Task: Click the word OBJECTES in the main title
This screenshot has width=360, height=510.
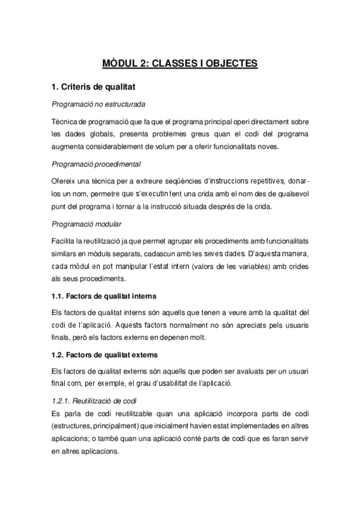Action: [x=229, y=63]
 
